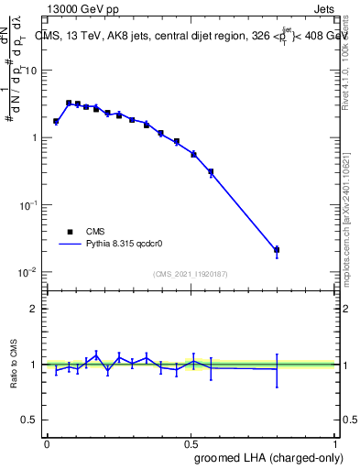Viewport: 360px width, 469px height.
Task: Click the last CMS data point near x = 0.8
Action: tap(277, 249)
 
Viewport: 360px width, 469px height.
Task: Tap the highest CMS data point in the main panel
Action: tap(69, 104)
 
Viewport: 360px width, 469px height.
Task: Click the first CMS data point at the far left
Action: tap(56, 121)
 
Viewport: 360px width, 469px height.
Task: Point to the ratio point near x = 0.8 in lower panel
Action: tap(277, 368)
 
